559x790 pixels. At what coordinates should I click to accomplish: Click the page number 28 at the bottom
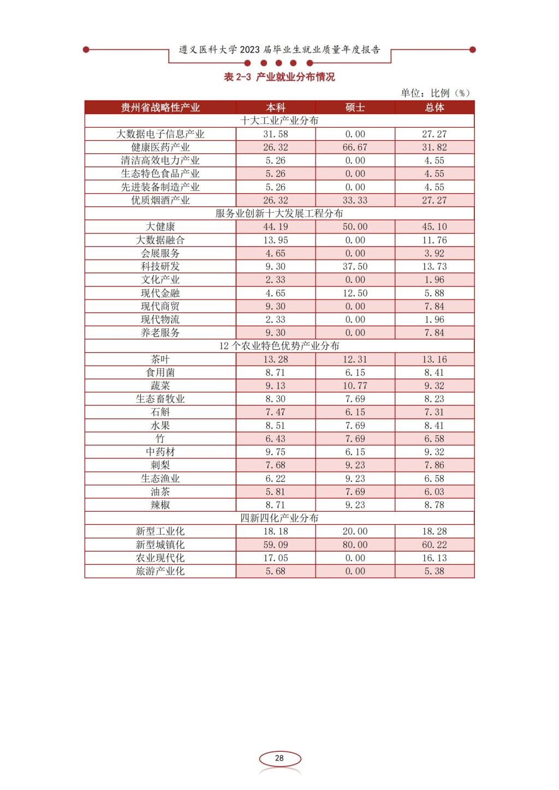[x=279, y=758]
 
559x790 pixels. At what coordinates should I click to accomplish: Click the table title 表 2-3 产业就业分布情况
[x=279, y=77]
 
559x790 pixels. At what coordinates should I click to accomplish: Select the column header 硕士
[x=355, y=107]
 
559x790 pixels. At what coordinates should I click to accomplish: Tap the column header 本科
[x=276, y=107]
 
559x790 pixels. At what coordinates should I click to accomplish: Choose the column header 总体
[x=435, y=107]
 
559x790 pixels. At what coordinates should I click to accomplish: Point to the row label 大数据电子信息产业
[x=160, y=134]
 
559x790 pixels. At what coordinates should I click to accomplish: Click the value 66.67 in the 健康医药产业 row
[x=355, y=147]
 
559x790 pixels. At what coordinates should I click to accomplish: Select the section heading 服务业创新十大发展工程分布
[x=279, y=213]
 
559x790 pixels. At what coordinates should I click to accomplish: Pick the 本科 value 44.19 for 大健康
[x=276, y=227]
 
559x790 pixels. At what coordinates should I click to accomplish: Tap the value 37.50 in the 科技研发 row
[x=355, y=266]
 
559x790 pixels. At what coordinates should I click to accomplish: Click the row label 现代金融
[x=160, y=293]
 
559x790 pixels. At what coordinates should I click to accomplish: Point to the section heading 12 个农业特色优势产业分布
[x=279, y=346]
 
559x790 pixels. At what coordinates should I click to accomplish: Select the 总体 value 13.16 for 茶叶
[x=435, y=360]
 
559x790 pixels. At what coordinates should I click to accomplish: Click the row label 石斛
[x=160, y=412]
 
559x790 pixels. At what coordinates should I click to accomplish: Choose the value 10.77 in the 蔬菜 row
[x=355, y=386]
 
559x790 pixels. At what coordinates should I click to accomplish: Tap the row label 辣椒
[x=160, y=505]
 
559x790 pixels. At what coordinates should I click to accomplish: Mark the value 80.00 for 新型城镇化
[x=355, y=545]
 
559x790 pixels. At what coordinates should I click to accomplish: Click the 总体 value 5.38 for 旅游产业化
[x=435, y=571]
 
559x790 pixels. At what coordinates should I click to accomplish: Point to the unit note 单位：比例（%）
[x=435, y=93]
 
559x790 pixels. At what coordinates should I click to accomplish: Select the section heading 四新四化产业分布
[x=279, y=518]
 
